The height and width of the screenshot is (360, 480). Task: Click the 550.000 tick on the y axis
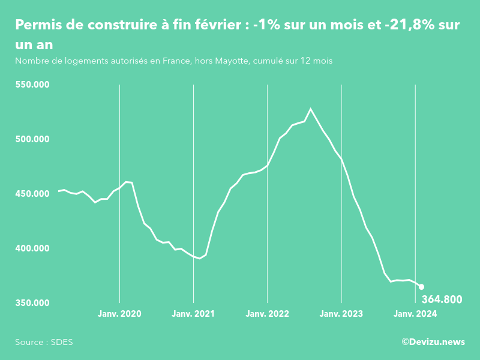coord(32,85)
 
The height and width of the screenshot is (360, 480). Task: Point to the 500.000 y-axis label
coord(32,139)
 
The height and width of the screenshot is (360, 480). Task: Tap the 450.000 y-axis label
coord(32,194)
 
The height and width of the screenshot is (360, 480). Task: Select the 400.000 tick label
coord(32,248)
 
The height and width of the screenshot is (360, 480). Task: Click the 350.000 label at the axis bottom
coord(32,303)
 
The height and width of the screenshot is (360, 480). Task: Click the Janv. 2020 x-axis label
coord(119,314)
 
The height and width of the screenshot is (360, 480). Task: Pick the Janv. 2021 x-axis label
coord(193,314)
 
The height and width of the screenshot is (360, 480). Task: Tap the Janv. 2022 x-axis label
coord(267,314)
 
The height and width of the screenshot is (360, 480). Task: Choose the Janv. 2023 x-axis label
coord(341,314)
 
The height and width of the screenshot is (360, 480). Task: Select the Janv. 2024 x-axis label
coord(415,314)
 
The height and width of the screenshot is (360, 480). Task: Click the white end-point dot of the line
coord(421,287)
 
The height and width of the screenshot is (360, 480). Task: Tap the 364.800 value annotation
coord(442,299)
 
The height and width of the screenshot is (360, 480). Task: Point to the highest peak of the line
coord(311,109)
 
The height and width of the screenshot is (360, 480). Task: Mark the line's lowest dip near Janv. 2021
coord(200,258)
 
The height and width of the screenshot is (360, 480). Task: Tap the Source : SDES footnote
coord(44,342)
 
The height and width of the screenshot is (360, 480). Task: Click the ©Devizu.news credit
coord(433,342)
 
